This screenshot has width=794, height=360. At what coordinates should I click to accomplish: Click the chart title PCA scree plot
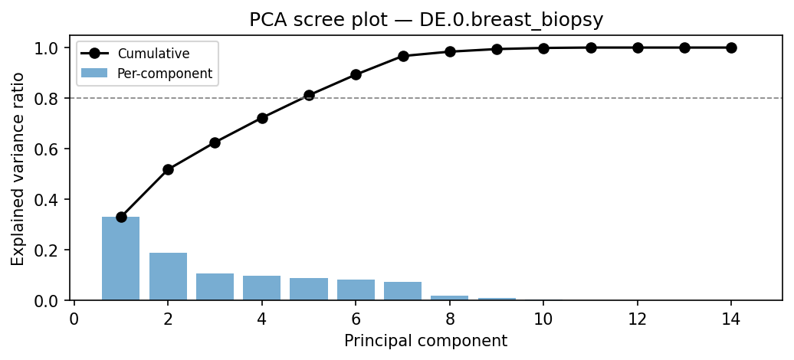click(x=426, y=21)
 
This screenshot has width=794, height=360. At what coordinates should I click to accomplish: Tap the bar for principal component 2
click(x=168, y=277)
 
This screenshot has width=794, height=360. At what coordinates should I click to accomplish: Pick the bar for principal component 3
click(x=215, y=286)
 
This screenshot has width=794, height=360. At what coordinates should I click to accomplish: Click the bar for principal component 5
click(x=309, y=289)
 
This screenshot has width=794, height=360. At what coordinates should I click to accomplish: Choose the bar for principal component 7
click(x=403, y=291)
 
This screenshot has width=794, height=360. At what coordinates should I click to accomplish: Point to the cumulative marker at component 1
click(x=121, y=217)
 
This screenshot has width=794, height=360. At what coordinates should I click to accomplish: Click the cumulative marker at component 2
click(x=168, y=169)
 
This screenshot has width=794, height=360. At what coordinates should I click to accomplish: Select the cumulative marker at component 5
click(x=309, y=95)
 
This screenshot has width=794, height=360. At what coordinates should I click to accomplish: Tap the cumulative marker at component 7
click(x=403, y=56)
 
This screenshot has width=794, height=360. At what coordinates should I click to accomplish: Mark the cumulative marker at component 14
click(x=731, y=47)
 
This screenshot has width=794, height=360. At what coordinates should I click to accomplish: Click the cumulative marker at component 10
click(x=543, y=48)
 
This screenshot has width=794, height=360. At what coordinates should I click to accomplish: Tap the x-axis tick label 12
click(x=638, y=317)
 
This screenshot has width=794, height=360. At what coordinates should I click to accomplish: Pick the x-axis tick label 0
click(x=74, y=317)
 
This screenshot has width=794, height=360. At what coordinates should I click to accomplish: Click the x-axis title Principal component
click(x=425, y=341)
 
